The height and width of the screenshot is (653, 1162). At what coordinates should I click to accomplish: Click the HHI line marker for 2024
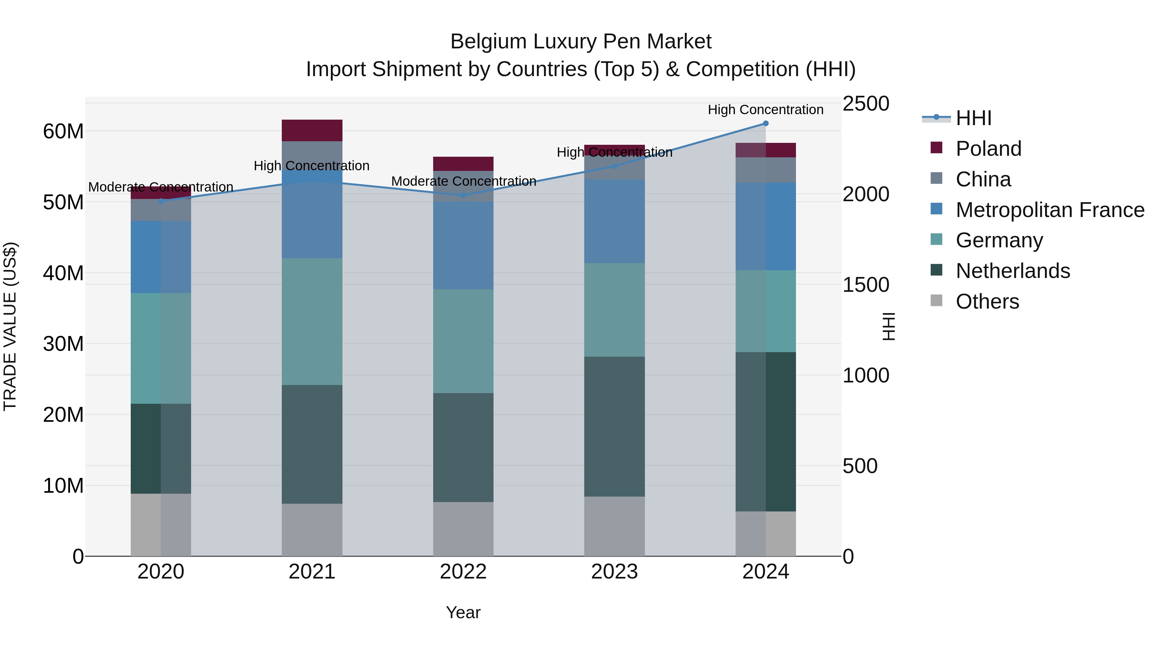(766, 124)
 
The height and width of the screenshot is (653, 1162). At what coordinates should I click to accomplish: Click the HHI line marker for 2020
(161, 201)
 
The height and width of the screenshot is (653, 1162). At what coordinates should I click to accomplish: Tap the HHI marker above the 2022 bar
(463, 195)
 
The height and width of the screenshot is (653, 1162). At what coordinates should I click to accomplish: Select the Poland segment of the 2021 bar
(312, 130)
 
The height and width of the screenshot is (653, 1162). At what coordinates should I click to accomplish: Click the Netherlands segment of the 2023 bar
(614, 426)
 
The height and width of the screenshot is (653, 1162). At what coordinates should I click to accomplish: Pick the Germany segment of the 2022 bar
(463, 341)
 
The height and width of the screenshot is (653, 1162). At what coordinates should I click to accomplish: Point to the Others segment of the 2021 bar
(312, 529)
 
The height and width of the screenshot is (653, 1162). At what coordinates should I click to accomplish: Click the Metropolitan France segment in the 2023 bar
(614, 221)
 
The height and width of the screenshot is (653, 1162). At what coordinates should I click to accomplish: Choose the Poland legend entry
(988, 149)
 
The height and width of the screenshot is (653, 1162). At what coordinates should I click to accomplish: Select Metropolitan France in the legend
(1049, 210)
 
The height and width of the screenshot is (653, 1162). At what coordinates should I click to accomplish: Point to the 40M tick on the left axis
(64, 273)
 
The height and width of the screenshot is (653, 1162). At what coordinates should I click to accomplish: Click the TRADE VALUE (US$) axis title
(10, 326)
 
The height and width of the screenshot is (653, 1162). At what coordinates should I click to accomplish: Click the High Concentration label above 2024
(766, 110)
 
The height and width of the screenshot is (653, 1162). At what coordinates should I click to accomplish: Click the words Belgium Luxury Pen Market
(581, 42)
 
